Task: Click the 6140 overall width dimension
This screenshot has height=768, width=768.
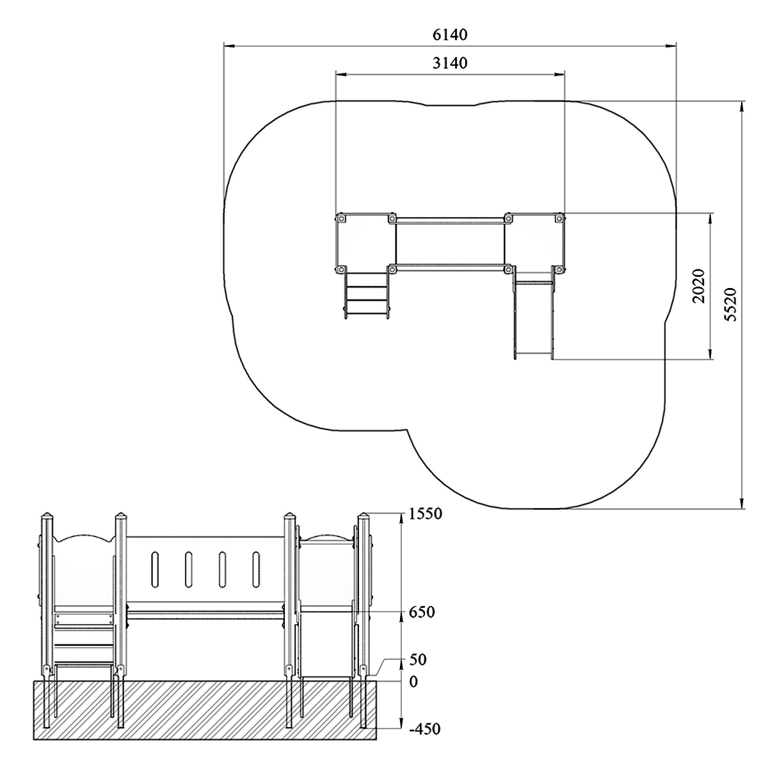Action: (450, 35)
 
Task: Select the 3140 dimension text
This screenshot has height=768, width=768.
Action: (450, 63)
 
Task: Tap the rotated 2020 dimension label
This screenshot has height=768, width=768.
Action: (698, 286)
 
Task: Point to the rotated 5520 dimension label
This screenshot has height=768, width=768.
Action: (730, 304)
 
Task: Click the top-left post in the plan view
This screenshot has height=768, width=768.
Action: (340, 218)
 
